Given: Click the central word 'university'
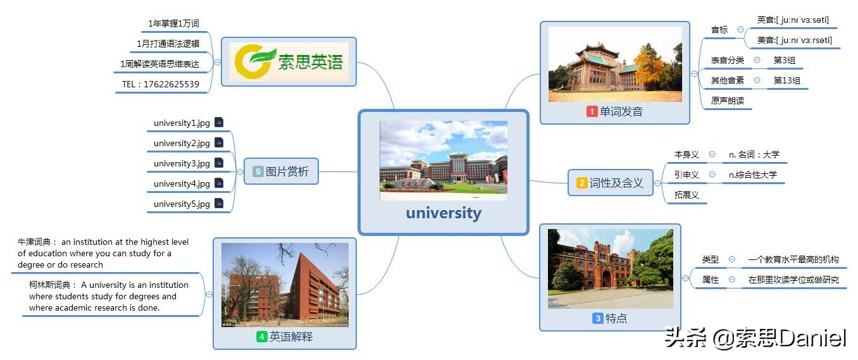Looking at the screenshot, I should pyautogui.click(x=443, y=213).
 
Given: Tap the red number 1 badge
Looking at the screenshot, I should pyautogui.click(x=592, y=112).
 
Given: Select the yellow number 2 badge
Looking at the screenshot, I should pyautogui.click(x=581, y=183).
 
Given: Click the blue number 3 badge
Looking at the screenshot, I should pyautogui.click(x=597, y=318).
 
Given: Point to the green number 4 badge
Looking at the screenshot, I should pyautogui.click(x=261, y=337).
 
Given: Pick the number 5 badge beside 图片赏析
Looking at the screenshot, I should pyautogui.click(x=258, y=171).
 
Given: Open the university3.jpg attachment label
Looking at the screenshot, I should pyautogui.click(x=182, y=163).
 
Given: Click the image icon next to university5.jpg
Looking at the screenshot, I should pyautogui.click(x=219, y=204).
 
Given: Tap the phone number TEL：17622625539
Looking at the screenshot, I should pyautogui.click(x=160, y=84).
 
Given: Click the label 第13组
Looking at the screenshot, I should pyautogui.click(x=786, y=80).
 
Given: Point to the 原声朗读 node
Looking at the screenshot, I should pyautogui.click(x=727, y=101).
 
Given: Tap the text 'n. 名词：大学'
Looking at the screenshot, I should pyautogui.click(x=754, y=154).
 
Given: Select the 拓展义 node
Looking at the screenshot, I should pyautogui.click(x=686, y=195).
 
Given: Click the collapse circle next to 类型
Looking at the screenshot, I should pyautogui.click(x=731, y=259).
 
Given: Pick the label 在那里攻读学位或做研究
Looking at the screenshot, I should pyautogui.click(x=793, y=279).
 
